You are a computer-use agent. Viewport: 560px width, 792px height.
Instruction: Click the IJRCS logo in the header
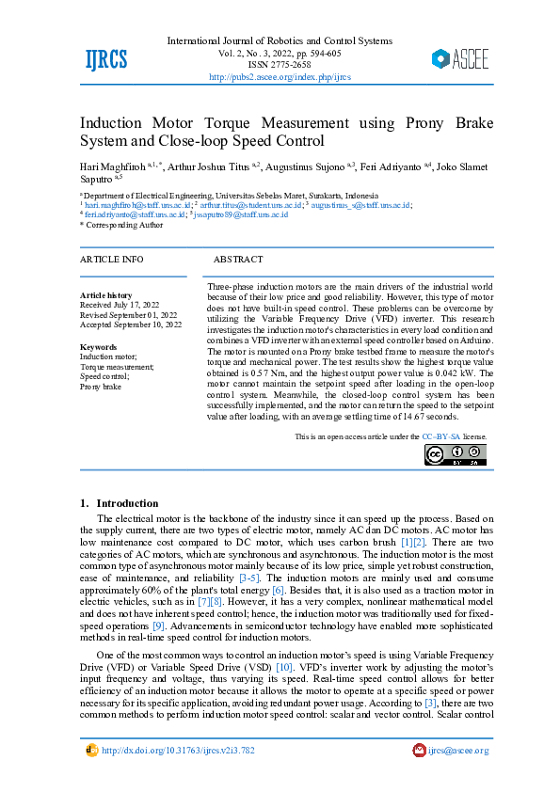pyautogui.click(x=105, y=60)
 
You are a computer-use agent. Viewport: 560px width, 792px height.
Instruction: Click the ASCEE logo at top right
pyautogui.click(x=460, y=59)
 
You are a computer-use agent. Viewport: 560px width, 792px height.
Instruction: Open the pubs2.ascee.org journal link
pyautogui.click(x=280, y=77)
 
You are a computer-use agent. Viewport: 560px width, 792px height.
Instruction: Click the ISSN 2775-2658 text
pyautogui.click(x=280, y=65)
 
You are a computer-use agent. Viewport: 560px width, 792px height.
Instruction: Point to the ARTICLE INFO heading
pyautogui.click(x=112, y=259)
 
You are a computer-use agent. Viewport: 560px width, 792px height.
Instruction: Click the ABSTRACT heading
pyautogui.click(x=238, y=259)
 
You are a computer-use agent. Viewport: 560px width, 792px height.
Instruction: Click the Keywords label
pyautogui.click(x=99, y=347)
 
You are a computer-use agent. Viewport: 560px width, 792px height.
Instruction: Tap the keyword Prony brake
pyautogui.click(x=101, y=387)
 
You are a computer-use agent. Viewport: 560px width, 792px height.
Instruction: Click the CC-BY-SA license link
pyautogui.click(x=440, y=436)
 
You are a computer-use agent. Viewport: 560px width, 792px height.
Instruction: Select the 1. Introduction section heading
pyautogui.click(x=120, y=503)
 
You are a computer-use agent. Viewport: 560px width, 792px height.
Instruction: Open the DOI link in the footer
pyautogui.click(x=177, y=750)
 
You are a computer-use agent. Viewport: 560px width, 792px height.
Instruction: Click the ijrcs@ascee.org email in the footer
pyautogui.click(x=457, y=750)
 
